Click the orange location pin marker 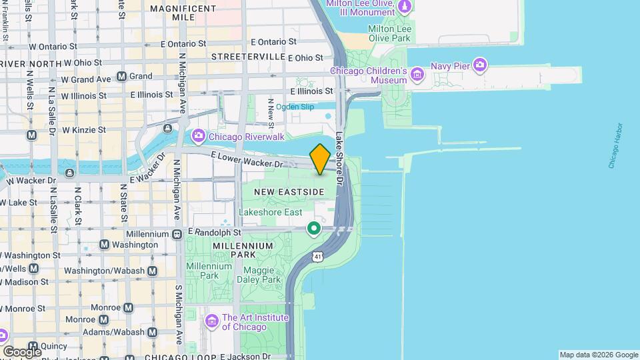coord(320,159)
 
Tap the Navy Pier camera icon coord(480,65)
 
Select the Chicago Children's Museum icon coord(417,73)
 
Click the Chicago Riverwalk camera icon coord(198,137)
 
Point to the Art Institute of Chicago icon coord(212,322)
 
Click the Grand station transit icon coord(121,77)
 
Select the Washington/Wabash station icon coord(153,271)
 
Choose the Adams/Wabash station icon coord(153,331)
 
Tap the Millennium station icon coord(177,234)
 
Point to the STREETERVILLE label coord(248,57)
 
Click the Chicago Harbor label coord(615,145)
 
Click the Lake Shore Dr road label coord(340,149)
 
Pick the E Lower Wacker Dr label coord(246,159)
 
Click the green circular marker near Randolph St coord(313,229)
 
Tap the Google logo coord(22,351)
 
